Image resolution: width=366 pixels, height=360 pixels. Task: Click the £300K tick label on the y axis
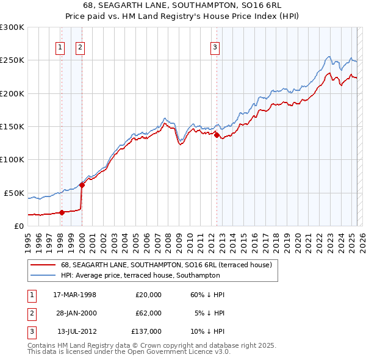tap(12, 27)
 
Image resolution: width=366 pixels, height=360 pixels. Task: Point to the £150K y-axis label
tap(12, 126)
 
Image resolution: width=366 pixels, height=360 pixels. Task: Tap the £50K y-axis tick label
tap(15, 193)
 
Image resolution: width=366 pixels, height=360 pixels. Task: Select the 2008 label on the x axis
tap(167, 242)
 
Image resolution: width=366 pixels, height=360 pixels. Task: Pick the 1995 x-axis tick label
tap(28, 242)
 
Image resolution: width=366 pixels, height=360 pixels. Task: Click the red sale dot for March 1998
tap(62, 212)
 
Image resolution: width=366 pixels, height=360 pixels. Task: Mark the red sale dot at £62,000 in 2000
tap(82, 185)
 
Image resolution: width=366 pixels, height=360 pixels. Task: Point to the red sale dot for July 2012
tap(217, 135)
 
